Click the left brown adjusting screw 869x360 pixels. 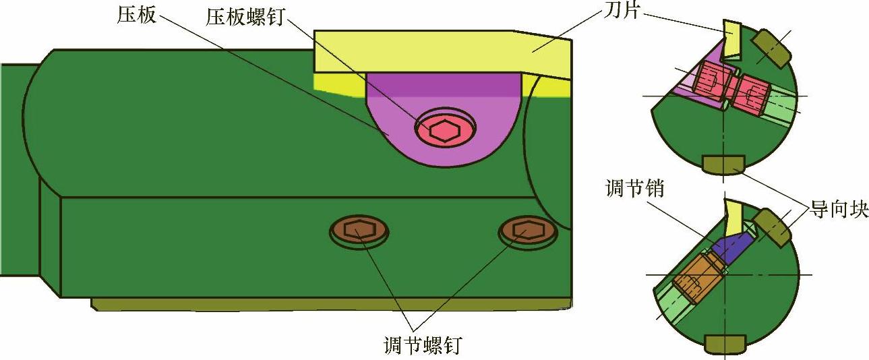click(x=359, y=231)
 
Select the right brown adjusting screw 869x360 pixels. click(x=528, y=231)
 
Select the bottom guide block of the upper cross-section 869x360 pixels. click(x=723, y=164)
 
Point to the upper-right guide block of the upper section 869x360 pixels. click(x=771, y=49)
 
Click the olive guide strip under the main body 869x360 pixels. click(x=330, y=304)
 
